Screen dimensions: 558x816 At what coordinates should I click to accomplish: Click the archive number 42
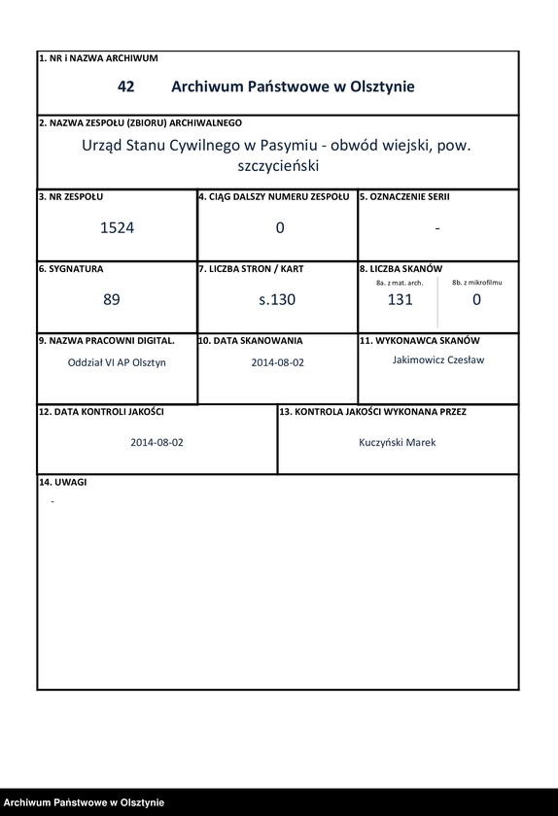(125, 86)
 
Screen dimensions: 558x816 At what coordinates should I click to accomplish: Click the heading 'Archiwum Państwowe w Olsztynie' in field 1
(293, 86)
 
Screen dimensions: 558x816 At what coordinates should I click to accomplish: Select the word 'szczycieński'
(278, 166)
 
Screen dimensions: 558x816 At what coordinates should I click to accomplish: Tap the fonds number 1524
(117, 228)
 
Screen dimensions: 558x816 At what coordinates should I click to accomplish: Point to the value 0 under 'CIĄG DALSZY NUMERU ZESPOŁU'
(280, 228)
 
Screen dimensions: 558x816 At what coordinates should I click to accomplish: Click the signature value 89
(112, 300)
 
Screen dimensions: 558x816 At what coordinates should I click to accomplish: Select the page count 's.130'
(277, 300)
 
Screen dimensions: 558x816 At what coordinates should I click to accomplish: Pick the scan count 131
(400, 300)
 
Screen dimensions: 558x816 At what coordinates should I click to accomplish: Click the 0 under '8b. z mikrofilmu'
(476, 300)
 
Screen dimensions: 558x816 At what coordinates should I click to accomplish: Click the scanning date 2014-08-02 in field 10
(278, 362)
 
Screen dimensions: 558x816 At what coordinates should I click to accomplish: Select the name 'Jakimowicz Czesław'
(437, 359)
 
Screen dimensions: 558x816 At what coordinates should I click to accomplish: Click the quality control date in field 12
(157, 442)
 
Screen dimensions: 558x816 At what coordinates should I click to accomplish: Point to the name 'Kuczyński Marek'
(398, 442)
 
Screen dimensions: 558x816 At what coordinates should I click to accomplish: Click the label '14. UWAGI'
(63, 483)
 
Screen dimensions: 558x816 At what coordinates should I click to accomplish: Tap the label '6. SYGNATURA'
(71, 268)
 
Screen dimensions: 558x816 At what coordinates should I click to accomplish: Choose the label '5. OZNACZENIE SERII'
(404, 196)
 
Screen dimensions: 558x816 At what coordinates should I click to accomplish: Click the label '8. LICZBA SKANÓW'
(401, 268)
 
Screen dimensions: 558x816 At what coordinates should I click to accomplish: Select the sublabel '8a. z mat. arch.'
(400, 283)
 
